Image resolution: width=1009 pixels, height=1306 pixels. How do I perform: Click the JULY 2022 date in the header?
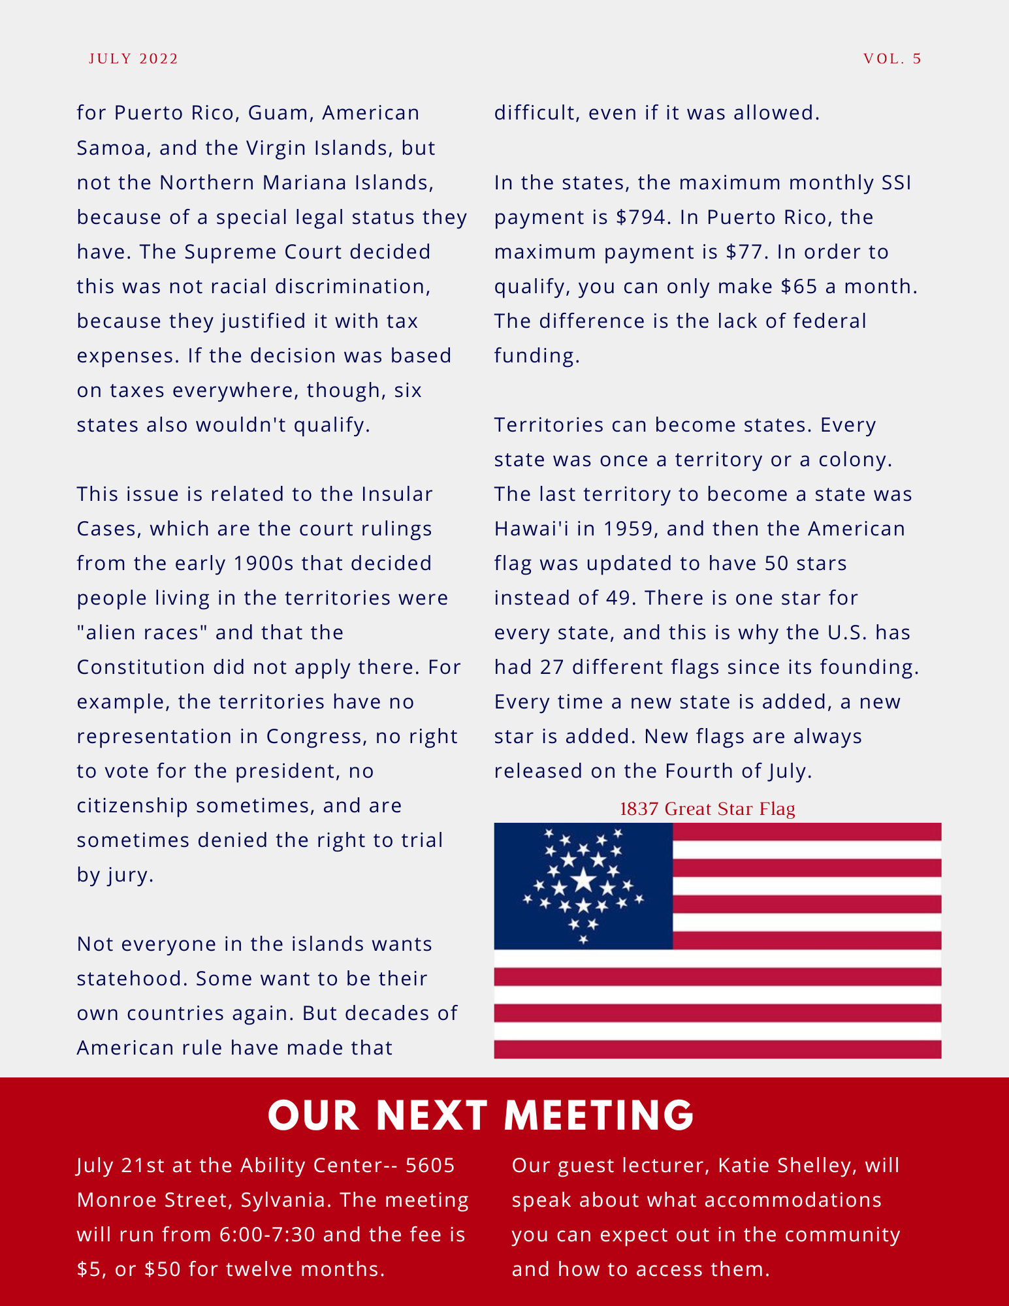[133, 59]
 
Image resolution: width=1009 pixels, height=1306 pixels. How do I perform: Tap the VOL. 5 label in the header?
[892, 59]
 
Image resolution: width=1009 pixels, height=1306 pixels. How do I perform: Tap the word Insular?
[397, 494]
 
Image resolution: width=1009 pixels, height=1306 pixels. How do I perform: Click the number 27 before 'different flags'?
[552, 667]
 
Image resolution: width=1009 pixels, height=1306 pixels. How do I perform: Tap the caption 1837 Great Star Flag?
[707, 809]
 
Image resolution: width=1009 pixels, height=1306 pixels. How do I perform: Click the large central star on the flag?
[583, 881]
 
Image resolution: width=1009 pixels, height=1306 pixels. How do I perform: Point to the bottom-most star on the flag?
[583, 940]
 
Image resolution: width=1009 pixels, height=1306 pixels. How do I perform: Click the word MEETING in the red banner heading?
[599, 1115]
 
